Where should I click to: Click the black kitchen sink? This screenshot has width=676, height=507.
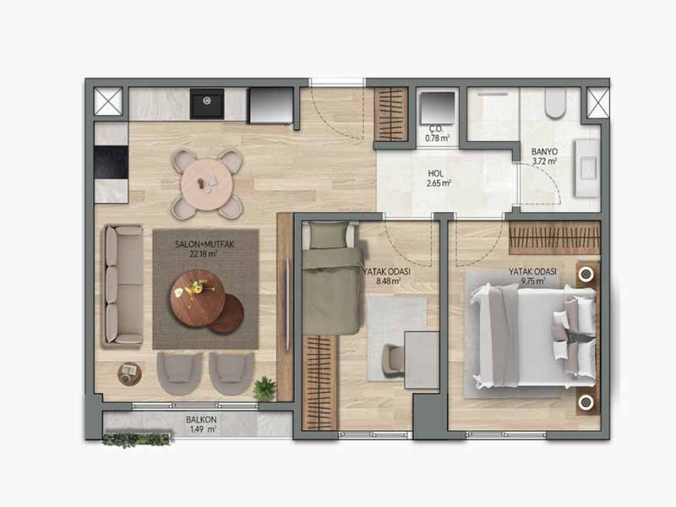click(207, 103)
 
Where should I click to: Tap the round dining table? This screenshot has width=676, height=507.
click(207, 184)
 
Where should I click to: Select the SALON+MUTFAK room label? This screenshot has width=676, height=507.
click(204, 244)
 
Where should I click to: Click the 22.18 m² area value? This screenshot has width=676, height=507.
click(204, 254)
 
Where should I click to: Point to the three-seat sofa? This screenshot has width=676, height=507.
click(123, 286)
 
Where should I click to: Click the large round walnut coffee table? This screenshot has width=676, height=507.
click(198, 298)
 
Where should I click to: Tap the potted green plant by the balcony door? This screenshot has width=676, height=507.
click(264, 387)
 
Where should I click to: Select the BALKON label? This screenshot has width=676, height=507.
click(201, 419)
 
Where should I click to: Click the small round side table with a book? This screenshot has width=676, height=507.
click(130, 373)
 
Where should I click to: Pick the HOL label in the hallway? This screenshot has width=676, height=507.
click(435, 174)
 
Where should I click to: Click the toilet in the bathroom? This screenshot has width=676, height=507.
click(555, 102)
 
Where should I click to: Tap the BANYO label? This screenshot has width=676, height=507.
click(544, 152)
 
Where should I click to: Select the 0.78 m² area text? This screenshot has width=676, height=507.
click(438, 139)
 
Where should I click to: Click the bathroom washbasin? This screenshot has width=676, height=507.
click(587, 167)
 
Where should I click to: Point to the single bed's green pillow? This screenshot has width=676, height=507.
click(329, 236)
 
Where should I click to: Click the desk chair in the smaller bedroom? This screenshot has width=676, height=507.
click(393, 361)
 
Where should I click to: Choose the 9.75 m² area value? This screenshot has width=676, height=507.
click(533, 281)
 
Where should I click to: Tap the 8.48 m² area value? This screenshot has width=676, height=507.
click(388, 281)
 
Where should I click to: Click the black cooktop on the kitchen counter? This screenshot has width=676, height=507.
click(112, 162)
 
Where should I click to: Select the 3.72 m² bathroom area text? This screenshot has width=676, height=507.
click(544, 161)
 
